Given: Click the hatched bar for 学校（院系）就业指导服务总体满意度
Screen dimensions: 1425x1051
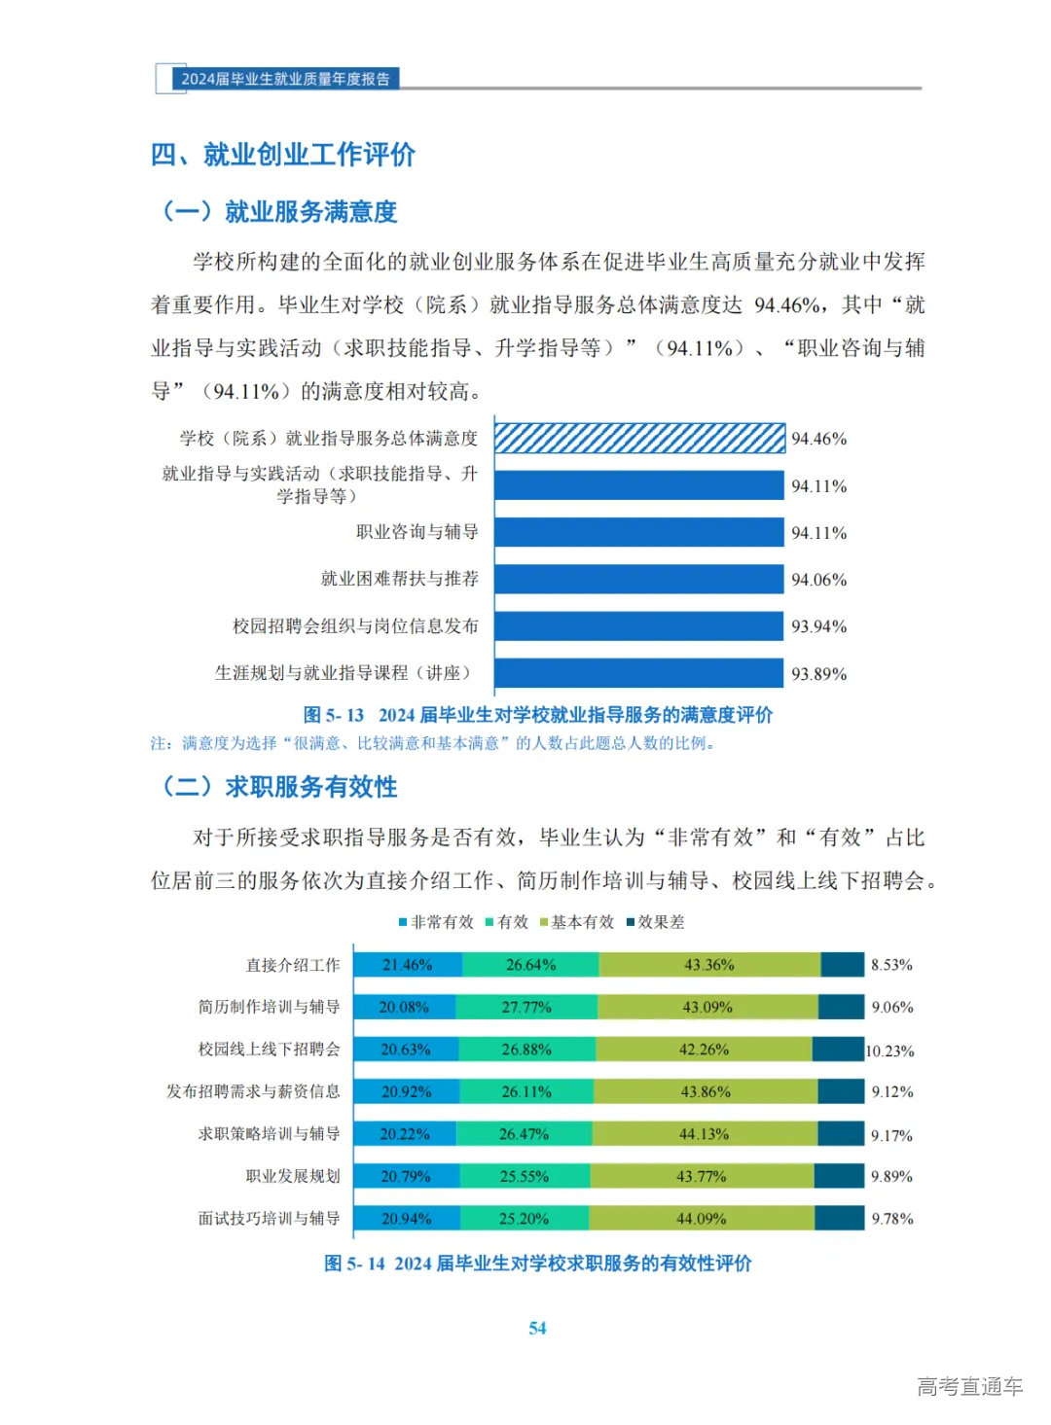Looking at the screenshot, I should pyautogui.click(x=639, y=439).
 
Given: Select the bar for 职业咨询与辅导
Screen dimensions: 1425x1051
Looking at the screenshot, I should pyautogui.click(x=639, y=532).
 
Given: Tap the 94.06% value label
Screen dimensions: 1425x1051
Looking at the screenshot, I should pyautogui.click(x=818, y=580).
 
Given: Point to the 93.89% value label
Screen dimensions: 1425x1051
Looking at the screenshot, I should pyautogui.click(x=818, y=674).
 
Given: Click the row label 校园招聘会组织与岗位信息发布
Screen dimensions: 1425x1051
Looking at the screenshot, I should pyautogui.click(x=355, y=626).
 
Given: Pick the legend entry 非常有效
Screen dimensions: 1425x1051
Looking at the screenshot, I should pyautogui.click(x=436, y=922).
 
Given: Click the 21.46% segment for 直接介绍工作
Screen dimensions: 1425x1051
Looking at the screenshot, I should pyautogui.click(x=407, y=965).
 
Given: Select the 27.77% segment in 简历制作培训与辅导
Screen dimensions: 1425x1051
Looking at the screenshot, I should pyautogui.click(x=525, y=1007).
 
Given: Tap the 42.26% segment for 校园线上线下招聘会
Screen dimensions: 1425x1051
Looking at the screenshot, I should pyautogui.click(x=704, y=1050).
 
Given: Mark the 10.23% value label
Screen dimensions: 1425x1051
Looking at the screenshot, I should pyautogui.click(x=890, y=1051).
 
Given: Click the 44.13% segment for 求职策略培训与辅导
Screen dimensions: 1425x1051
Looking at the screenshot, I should pyautogui.click(x=704, y=1134).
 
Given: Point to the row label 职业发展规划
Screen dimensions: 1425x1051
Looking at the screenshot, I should pyautogui.click(x=293, y=1176).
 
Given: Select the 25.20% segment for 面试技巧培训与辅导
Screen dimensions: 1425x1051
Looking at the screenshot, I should pyautogui.click(x=524, y=1219).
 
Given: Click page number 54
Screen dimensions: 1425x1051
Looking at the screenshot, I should pyautogui.click(x=537, y=1329).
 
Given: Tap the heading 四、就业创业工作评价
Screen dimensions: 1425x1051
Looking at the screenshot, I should pyautogui.click(x=282, y=155).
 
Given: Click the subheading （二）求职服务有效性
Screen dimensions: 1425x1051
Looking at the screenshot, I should pyautogui.click(x=280, y=787).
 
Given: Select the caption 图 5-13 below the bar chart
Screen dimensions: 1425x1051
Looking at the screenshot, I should pyautogui.click(x=537, y=715).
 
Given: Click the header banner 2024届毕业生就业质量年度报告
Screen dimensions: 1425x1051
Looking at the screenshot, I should pyautogui.click(x=284, y=79).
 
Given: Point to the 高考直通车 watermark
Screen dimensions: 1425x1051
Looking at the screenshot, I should pyautogui.click(x=969, y=1386).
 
